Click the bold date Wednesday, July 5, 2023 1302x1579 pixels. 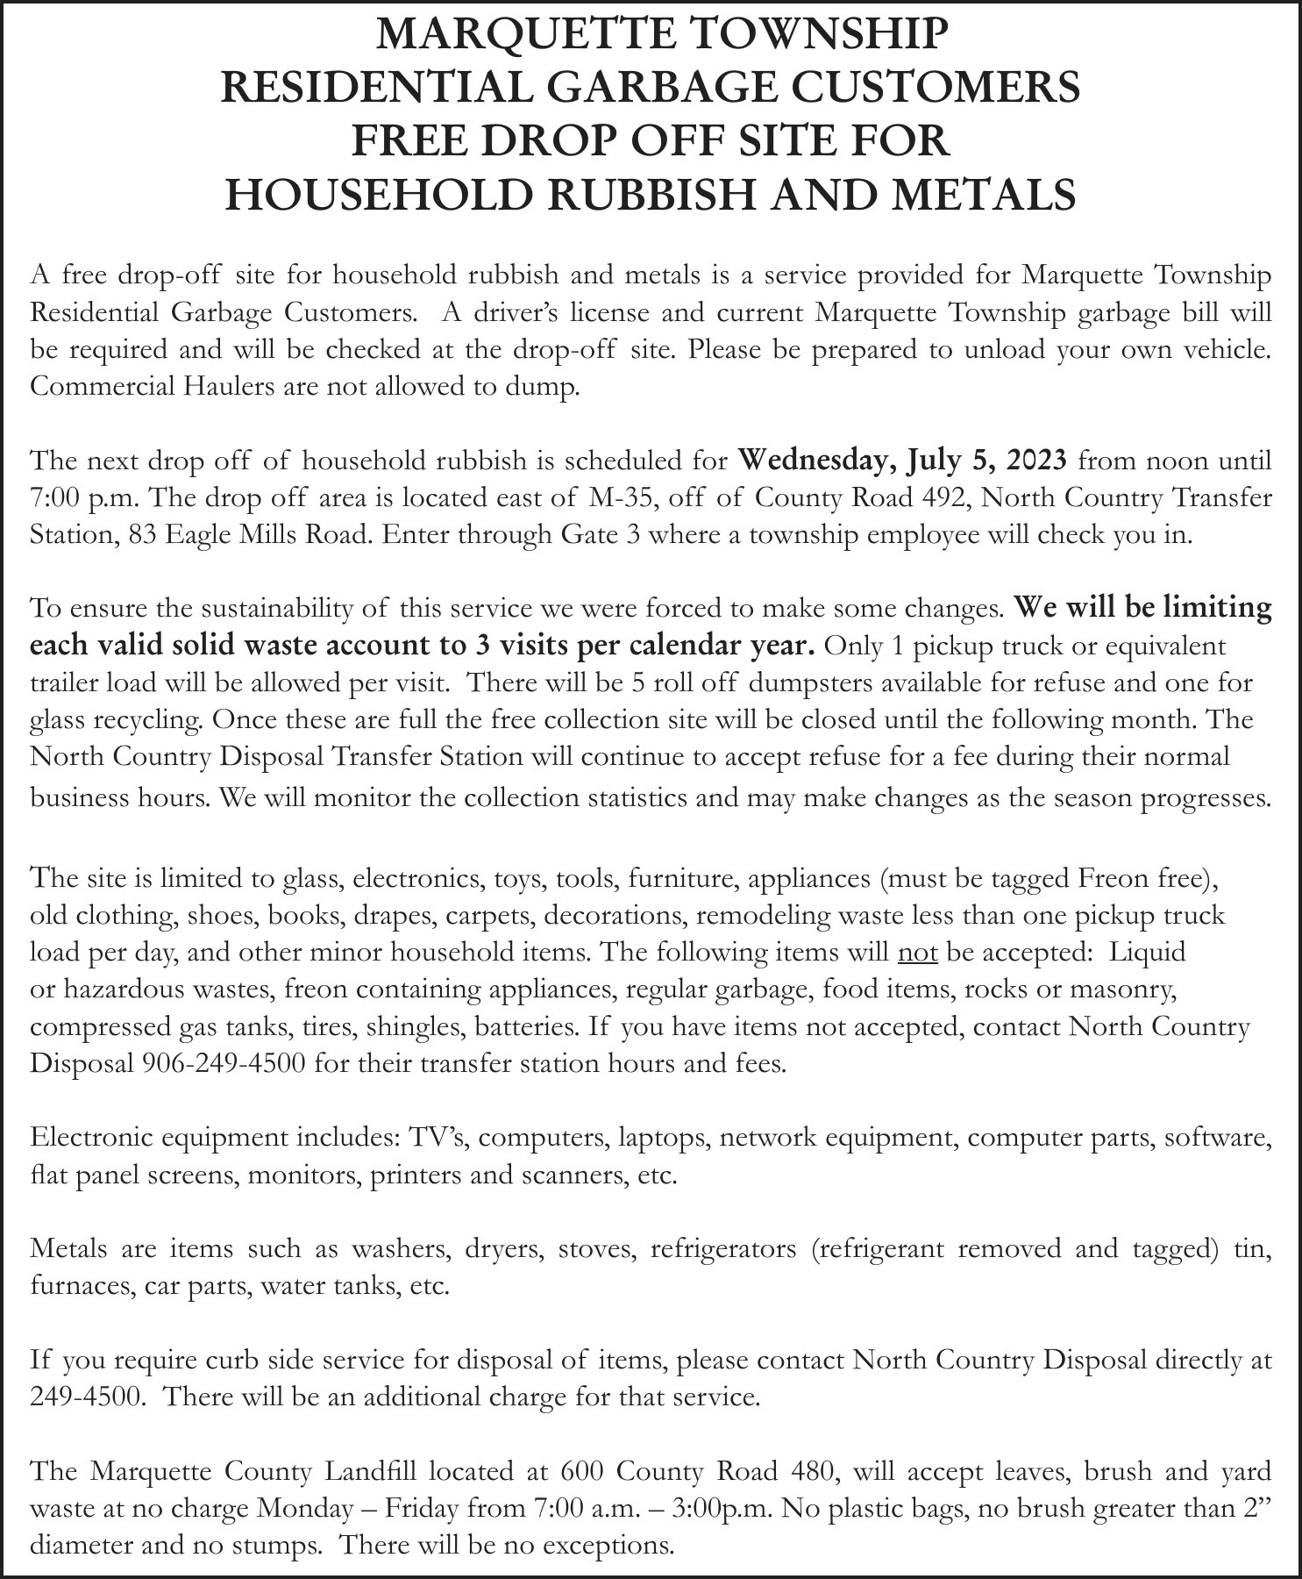pos(903,460)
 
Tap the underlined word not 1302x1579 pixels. pos(918,952)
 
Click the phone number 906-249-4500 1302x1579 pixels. pos(223,1063)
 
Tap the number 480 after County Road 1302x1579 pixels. pos(807,1469)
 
